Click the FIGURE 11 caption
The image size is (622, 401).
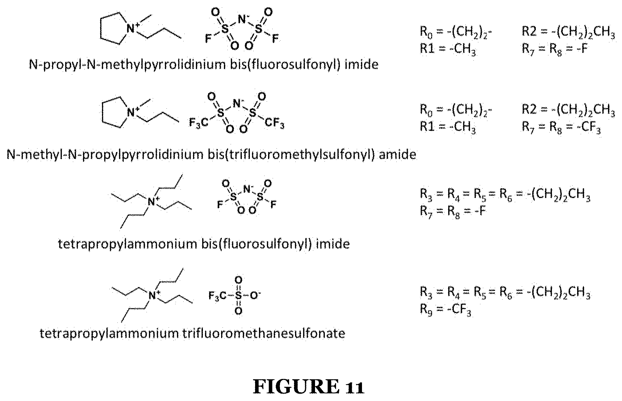point(309,387)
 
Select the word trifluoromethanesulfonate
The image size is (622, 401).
point(264,333)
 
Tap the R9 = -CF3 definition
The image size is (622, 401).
point(445,311)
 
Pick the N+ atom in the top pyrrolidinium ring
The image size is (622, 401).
point(132,28)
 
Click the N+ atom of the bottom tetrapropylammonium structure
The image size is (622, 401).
point(153,295)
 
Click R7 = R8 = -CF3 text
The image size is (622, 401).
point(561,128)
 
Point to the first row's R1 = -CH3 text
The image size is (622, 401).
point(448,48)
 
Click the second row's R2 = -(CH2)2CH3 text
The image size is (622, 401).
point(568,109)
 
